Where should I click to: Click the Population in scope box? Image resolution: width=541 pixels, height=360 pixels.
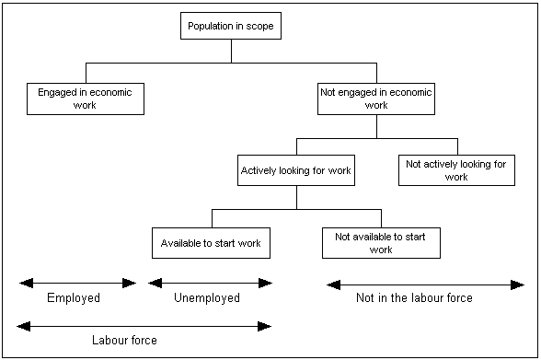pos(230,27)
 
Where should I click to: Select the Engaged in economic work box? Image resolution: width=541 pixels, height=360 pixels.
pos(86,99)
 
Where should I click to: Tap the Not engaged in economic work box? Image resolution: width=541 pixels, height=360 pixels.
pos(376,99)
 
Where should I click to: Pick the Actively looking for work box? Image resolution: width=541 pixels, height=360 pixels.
pos(295,170)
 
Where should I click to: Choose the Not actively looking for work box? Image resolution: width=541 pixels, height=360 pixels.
pos(456,170)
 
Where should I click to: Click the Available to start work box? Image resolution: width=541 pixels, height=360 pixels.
pos(211,243)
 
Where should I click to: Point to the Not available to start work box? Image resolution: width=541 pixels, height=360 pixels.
pos(381,243)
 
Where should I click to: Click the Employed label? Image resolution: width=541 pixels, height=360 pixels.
pos(74,298)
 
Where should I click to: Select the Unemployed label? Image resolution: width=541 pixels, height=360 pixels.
pos(207,298)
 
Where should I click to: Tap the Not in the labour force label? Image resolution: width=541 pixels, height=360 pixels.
pos(414,298)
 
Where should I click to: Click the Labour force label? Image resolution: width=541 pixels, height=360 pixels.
pos(124,341)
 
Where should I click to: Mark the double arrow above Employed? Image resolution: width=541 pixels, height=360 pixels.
pos(77,284)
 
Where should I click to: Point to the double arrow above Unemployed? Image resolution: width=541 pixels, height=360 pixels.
pos(209,284)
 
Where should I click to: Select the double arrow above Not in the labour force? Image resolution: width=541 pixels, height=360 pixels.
pos(425,285)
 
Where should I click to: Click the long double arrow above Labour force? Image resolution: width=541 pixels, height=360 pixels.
pos(144,326)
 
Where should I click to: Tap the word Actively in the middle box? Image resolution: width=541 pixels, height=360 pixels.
pos(259,170)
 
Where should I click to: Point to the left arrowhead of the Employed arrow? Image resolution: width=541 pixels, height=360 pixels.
pos(23,284)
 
